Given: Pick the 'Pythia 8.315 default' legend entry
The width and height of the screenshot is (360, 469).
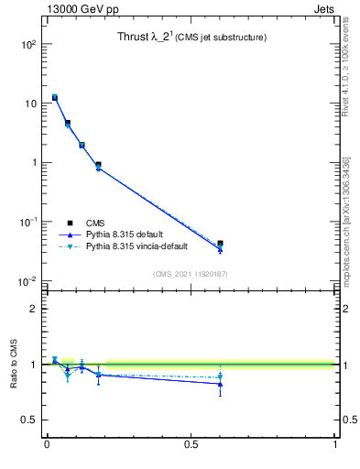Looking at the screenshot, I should click(124, 234).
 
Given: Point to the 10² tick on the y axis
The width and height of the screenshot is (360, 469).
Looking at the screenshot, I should click(29, 44).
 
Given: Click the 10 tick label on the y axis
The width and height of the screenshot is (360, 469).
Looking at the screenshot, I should click(29, 104).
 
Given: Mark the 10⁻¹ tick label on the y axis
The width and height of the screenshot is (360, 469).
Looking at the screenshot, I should click(27, 222).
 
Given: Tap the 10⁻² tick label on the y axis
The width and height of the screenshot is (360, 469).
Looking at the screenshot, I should click(27, 281).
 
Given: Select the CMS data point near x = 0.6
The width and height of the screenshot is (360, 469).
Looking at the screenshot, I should click(220, 244).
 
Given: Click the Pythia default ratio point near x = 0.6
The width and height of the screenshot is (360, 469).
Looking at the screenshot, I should click(220, 384).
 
